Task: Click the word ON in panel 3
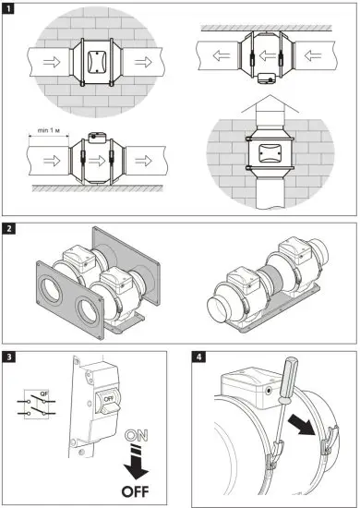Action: coord(135,434)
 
